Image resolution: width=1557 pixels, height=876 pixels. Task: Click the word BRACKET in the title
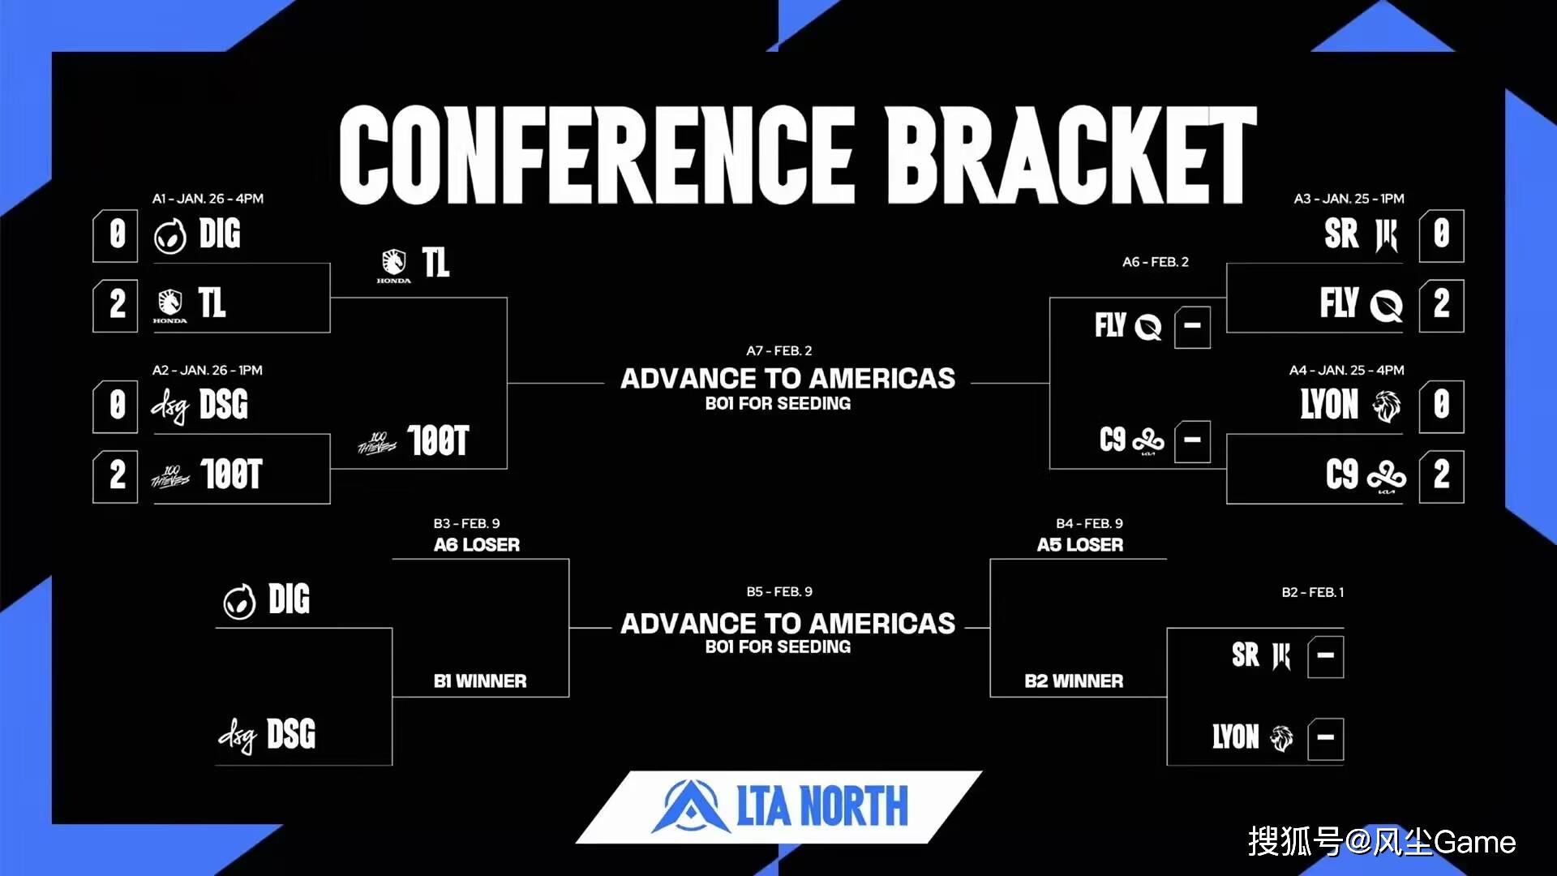[x=1070, y=154]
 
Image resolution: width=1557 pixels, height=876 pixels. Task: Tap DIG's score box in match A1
[x=116, y=235]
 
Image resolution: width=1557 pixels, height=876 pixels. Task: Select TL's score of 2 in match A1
[x=116, y=305]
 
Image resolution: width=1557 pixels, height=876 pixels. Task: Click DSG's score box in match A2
[x=116, y=406]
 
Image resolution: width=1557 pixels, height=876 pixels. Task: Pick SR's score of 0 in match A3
[x=1441, y=235]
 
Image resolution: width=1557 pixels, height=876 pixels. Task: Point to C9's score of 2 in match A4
[x=1441, y=475]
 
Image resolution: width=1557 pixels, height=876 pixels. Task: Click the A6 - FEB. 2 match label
[x=1156, y=262]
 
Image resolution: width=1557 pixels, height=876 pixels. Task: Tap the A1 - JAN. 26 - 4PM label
[x=208, y=199]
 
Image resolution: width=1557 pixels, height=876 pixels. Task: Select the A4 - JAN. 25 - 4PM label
[x=1347, y=370]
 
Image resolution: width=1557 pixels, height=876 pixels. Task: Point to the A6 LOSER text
[x=477, y=545]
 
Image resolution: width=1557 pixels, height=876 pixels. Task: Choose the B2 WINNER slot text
[x=1074, y=681]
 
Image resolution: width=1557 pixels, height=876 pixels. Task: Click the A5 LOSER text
[x=1080, y=545]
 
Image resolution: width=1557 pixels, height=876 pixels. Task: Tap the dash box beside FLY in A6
[x=1192, y=327]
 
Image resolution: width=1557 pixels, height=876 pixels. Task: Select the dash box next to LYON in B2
[x=1325, y=738]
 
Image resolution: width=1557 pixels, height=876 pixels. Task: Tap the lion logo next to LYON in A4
[x=1387, y=406]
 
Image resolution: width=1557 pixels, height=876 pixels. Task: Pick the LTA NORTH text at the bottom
[x=822, y=806]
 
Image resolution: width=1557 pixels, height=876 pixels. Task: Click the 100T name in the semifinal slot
[x=438, y=441]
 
